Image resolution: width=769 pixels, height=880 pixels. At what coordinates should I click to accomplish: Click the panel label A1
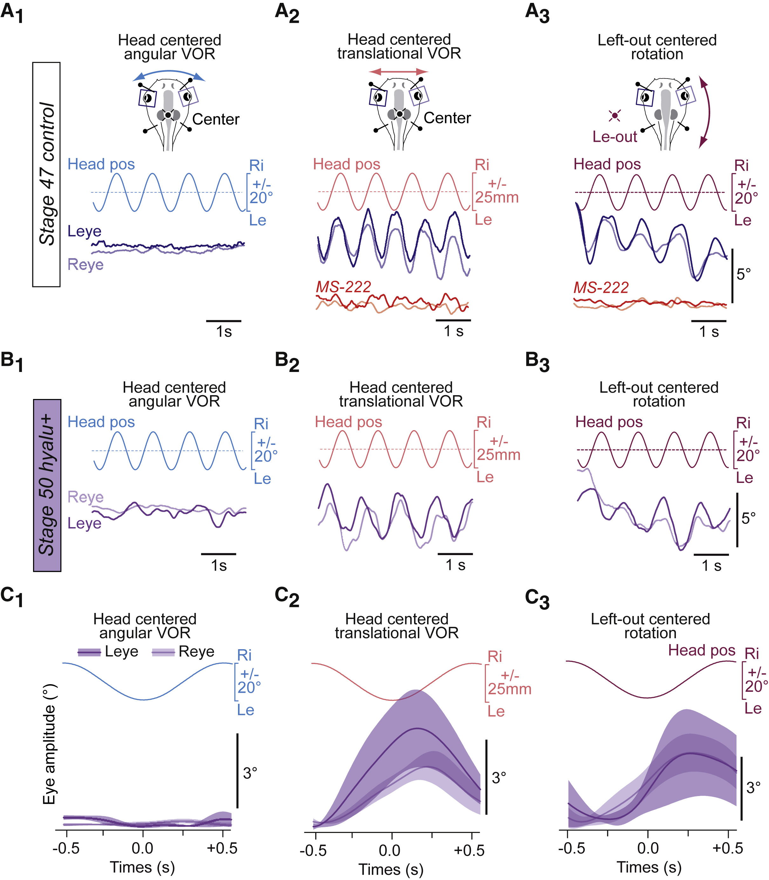12,13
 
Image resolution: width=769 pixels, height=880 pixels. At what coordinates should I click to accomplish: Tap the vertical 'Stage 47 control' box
46,174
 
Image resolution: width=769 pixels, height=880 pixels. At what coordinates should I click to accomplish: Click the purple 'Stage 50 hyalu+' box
47,485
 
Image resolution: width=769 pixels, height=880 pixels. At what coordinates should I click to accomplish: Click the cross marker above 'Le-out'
615,115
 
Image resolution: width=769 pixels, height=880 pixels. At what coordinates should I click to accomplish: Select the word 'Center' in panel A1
215,119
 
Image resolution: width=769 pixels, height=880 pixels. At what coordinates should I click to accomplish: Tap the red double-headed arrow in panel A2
399,71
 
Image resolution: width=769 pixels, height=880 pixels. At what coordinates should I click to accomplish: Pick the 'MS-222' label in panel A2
343,286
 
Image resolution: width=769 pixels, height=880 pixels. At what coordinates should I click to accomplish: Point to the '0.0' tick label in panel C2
390,850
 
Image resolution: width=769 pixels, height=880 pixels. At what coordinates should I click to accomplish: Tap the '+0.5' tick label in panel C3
727,848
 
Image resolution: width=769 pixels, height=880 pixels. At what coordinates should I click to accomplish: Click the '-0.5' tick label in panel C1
66,848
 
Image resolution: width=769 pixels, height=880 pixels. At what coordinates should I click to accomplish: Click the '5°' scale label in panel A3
744,274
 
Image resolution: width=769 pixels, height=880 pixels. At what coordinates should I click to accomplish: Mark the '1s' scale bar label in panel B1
219,565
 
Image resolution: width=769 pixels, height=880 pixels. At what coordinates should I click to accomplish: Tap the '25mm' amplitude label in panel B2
499,455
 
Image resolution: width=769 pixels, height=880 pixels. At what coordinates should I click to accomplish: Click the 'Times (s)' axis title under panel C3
649,867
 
